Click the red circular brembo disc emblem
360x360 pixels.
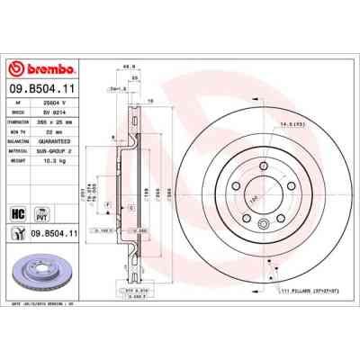15,70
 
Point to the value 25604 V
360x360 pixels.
61,103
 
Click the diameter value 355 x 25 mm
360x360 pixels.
62,121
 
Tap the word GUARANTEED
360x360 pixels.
64,139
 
